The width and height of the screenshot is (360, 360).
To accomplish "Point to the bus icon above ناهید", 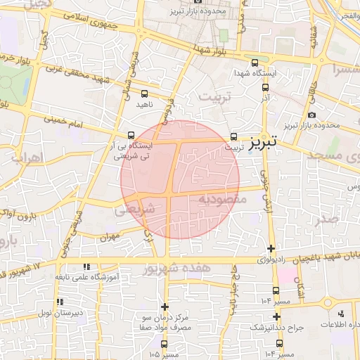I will click(144, 93).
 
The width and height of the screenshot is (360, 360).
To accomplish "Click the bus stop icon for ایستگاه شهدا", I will click(265, 89).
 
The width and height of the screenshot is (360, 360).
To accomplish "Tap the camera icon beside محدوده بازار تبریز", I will click(312, 114).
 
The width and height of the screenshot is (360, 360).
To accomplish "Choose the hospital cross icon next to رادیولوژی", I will click(271, 247).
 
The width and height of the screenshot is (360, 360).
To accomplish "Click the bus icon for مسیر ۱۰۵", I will click(165, 345).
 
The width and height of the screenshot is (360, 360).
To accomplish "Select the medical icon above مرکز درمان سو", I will click(165, 307).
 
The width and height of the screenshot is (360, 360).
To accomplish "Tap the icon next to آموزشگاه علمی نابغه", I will click(86, 267).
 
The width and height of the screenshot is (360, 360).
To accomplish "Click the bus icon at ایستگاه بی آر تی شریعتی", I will click(131, 136).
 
